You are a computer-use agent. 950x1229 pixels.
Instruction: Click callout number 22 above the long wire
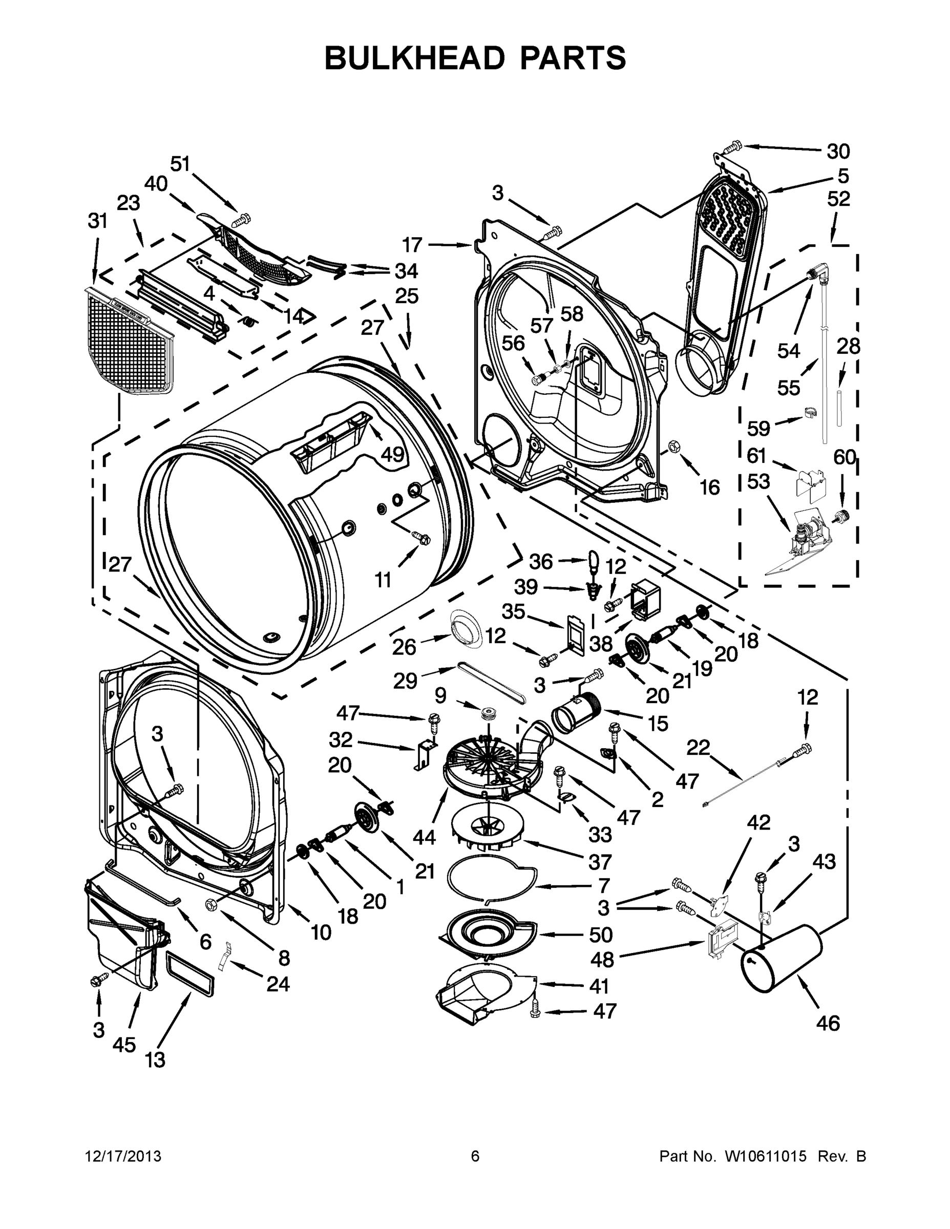click(x=698, y=748)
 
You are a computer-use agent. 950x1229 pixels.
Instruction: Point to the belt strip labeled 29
click(x=491, y=683)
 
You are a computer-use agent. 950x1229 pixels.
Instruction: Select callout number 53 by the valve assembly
click(x=758, y=481)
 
